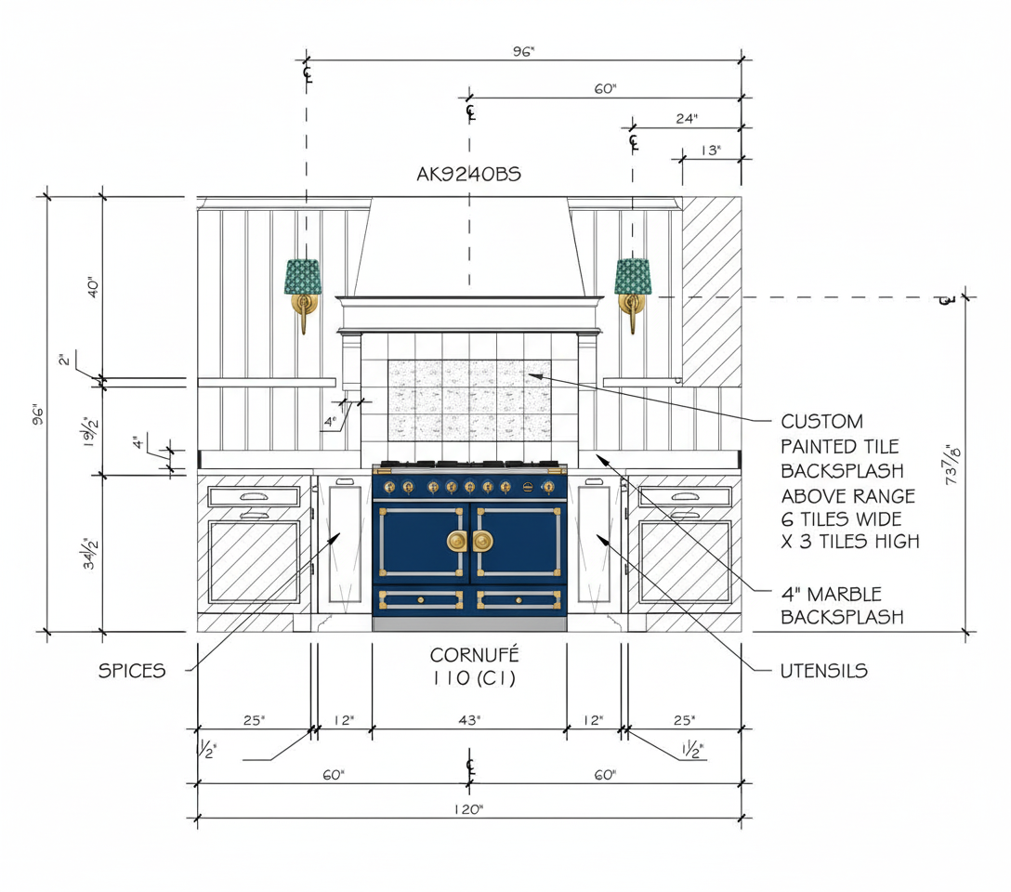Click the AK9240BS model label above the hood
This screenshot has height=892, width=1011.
(x=468, y=174)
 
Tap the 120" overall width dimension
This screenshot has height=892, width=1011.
(x=468, y=809)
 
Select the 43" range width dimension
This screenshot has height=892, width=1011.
(x=469, y=720)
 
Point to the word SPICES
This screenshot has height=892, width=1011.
(x=132, y=671)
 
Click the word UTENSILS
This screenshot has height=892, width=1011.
(x=824, y=671)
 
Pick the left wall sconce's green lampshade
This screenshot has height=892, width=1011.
(x=302, y=277)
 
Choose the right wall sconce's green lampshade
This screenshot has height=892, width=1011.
(x=633, y=277)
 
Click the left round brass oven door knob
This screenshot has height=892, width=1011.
(x=457, y=541)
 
